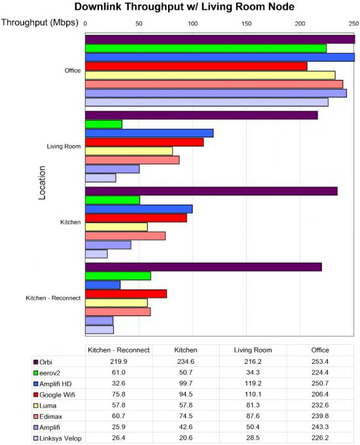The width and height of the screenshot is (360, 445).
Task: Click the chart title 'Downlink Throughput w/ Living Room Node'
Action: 185,7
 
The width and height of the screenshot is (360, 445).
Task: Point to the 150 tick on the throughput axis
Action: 246,24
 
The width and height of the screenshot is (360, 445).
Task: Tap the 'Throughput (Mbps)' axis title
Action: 40,22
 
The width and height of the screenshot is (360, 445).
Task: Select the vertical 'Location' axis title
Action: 42,183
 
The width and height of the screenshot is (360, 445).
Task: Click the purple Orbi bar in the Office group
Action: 220,39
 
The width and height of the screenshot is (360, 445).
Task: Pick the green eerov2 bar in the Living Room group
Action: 103,124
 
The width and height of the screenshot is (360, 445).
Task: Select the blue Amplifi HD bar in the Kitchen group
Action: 139,209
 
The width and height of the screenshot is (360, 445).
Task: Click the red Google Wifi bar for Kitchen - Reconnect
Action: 126,294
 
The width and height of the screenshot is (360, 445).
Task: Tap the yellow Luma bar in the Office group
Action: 210,75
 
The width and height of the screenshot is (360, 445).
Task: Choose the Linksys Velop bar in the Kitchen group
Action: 96,254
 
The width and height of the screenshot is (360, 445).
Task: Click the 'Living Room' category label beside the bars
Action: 63,147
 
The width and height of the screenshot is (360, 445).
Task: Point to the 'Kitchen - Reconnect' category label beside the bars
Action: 53,298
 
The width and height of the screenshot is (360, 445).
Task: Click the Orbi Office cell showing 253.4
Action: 320,361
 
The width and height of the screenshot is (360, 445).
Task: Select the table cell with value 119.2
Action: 253,383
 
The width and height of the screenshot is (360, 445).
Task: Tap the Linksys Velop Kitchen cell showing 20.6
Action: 186,438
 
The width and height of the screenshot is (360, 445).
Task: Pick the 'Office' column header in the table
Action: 320,350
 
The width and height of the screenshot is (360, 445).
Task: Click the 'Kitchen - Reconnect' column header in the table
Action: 118,350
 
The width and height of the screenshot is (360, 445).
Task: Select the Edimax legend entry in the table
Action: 48,417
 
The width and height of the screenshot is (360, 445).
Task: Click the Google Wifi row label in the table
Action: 54,395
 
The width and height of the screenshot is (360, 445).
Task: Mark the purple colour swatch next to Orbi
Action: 36,362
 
